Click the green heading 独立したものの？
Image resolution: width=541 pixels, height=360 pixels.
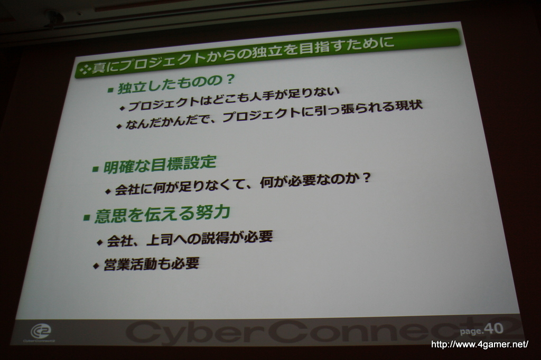coord(176,84)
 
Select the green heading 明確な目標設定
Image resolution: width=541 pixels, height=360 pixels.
coord(160,165)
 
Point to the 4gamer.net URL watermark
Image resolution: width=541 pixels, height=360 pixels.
coord(480,344)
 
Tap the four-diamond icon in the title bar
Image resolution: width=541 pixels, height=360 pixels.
coord(84,70)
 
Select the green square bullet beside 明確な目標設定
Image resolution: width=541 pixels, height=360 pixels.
coord(96,169)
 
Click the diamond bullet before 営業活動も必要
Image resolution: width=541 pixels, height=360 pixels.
coord(96,267)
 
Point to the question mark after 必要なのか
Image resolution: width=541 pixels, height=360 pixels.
coord(367,178)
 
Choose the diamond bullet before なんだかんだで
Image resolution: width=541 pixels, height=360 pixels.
coord(119,127)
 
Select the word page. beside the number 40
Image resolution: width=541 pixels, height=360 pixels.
coord(471,331)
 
